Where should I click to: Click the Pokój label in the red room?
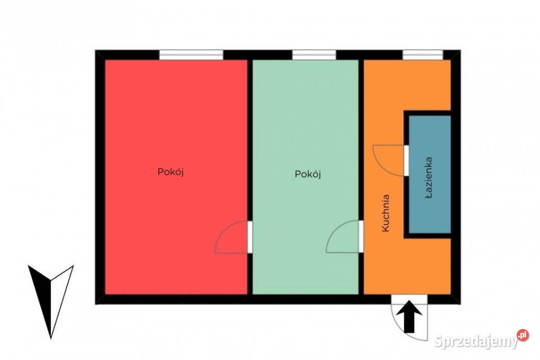(170, 172)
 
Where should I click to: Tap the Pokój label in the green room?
(308, 174)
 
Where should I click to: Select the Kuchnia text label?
(386, 213)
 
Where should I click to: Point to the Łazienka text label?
(429, 178)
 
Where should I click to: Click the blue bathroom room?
(430, 174)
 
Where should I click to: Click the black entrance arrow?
(409, 317)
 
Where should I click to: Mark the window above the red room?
(191, 55)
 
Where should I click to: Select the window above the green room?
(314, 55)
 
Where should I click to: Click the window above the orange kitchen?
(423, 55)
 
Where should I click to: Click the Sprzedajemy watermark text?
(476, 341)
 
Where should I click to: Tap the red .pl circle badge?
(523, 335)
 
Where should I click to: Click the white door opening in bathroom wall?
(406, 160)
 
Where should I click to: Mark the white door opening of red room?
(250, 237)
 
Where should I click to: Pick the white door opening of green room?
(361, 236)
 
